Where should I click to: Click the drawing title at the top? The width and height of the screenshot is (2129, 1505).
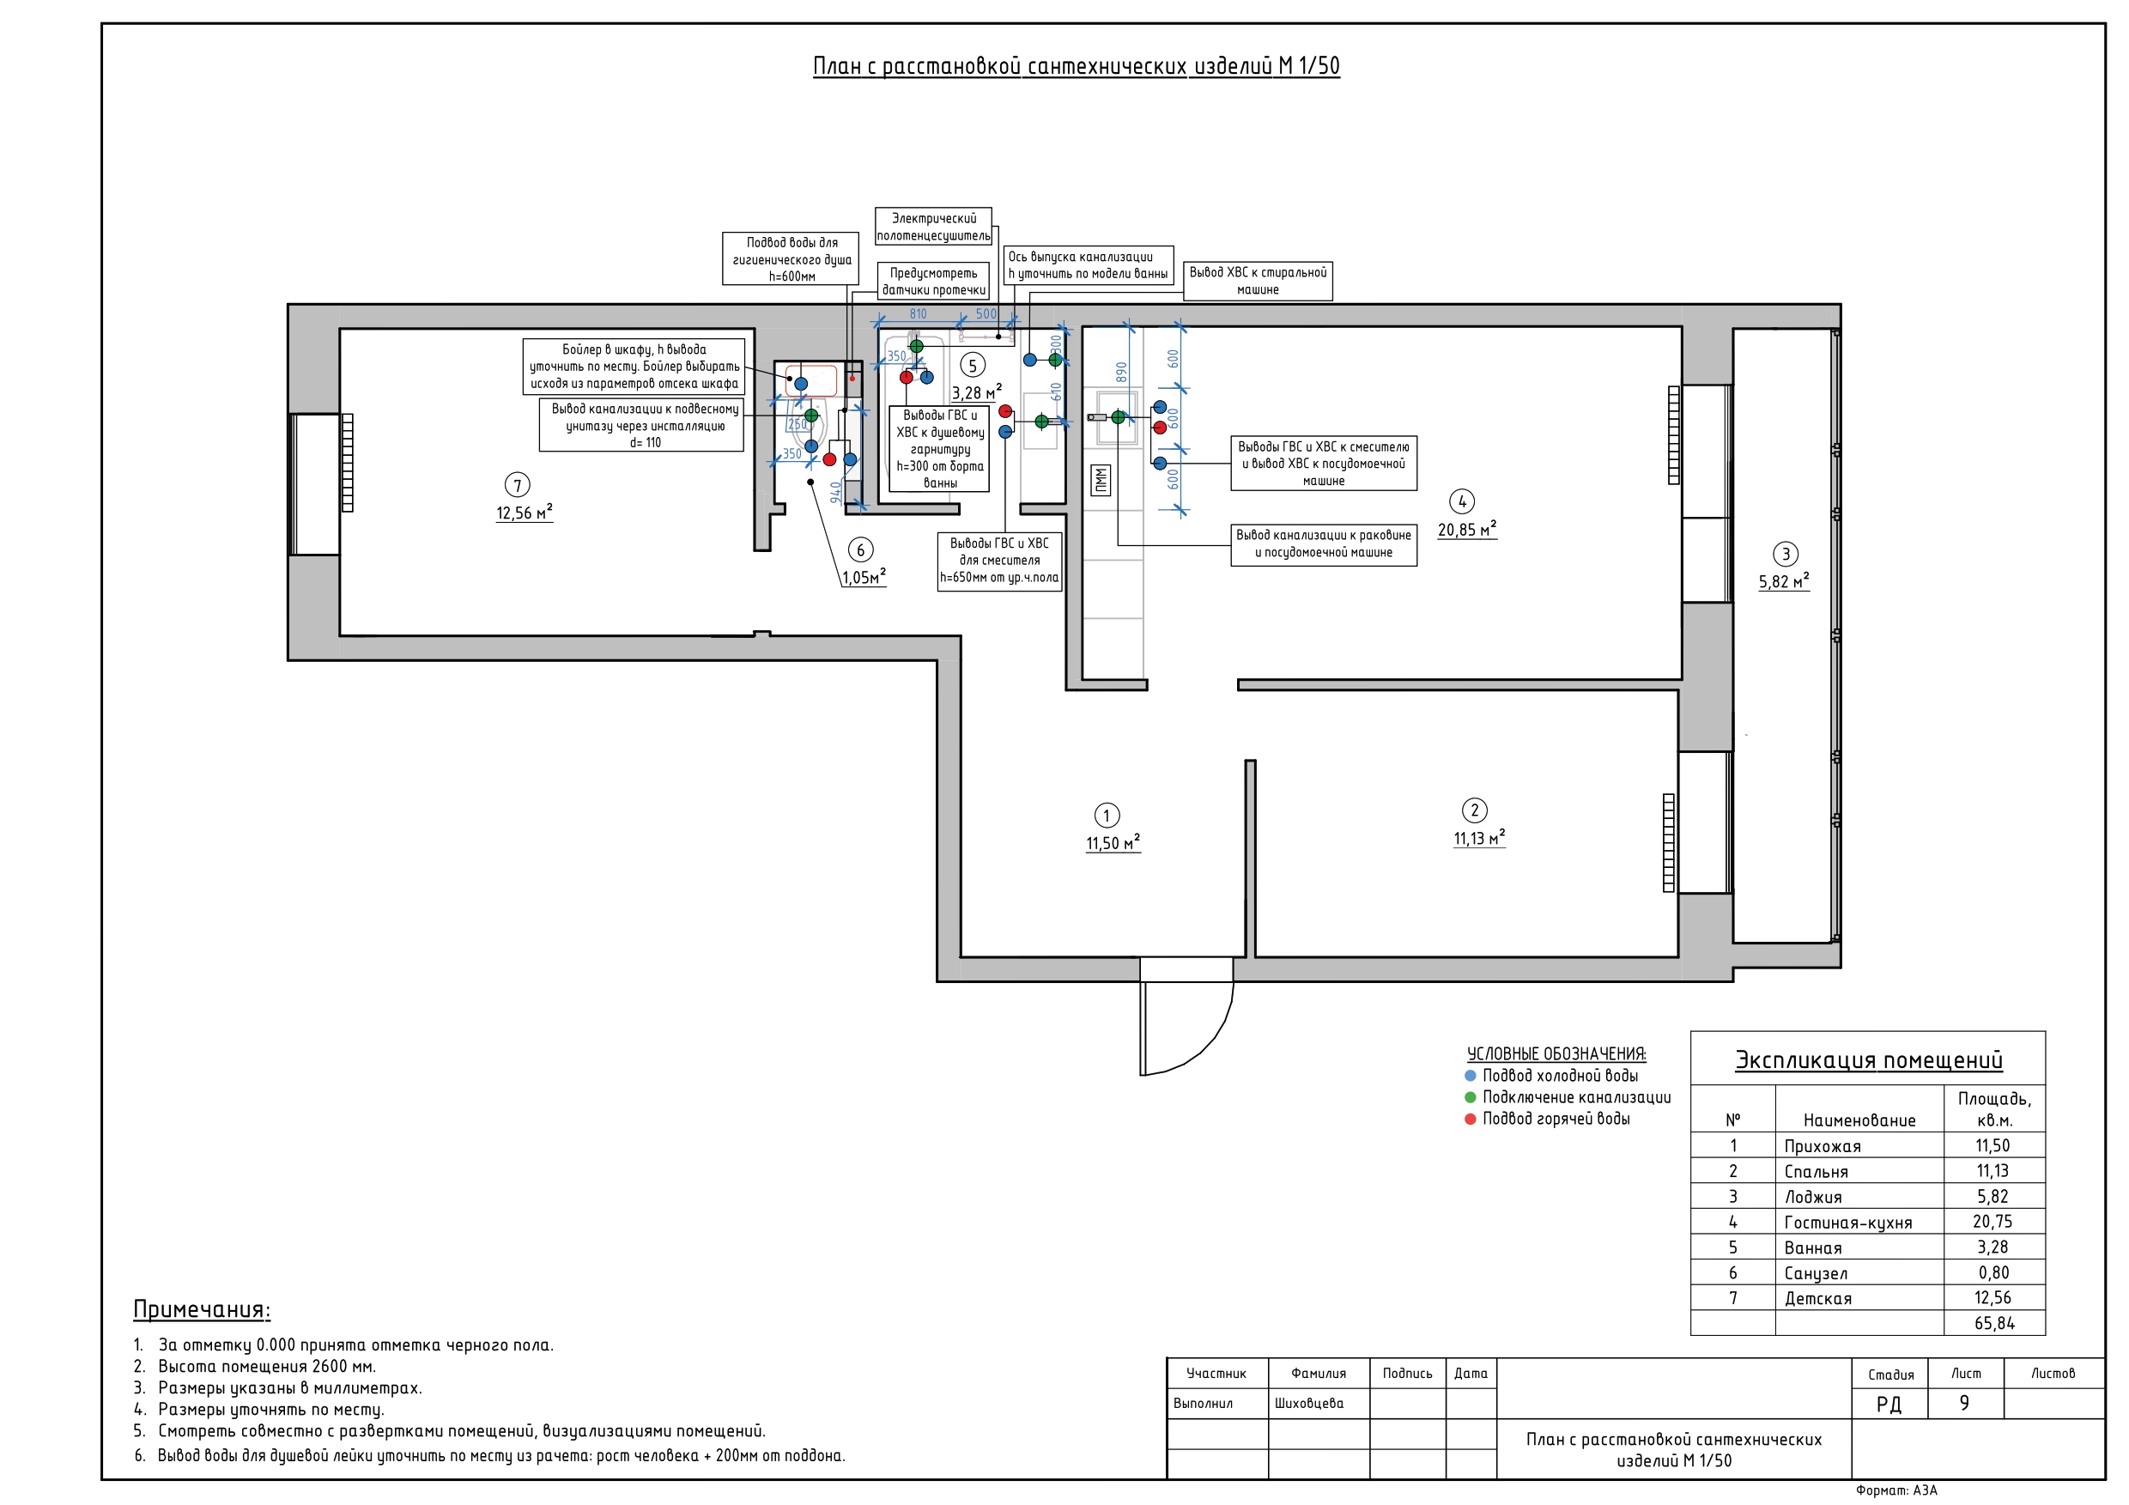coord(1076,66)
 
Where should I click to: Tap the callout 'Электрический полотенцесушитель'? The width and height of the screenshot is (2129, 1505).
coord(934,228)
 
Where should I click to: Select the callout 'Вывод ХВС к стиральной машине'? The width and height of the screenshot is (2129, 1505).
coord(1258,281)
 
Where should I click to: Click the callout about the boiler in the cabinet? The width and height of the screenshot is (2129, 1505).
coord(634,367)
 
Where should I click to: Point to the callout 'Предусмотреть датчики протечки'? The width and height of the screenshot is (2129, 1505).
coord(934,281)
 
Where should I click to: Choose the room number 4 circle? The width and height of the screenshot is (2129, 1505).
coord(1462,501)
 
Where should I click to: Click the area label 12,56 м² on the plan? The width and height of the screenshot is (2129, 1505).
coord(524,513)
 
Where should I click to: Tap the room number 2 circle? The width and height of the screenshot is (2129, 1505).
coord(1474,810)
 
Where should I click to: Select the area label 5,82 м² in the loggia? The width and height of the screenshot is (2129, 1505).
coord(1783,581)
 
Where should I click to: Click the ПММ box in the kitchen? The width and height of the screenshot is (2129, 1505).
coord(1100,480)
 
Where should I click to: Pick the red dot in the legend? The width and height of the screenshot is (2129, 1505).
coord(1470,1119)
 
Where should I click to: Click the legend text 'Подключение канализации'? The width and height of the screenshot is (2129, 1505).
coord(1576,1097)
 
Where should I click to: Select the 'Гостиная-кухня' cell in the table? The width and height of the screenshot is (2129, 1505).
coord(1848,1223)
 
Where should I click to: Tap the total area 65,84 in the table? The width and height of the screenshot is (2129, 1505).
coord(1993,1323)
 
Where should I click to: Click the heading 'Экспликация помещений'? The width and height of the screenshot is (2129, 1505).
coord(1868,1060)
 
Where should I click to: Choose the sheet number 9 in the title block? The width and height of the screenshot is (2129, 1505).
coord(1964,1403)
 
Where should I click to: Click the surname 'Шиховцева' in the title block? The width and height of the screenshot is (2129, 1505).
coord(1308,1403)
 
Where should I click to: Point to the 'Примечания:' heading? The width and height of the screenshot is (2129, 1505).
coord(202,1309)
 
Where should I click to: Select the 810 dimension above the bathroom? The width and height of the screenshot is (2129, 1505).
coord(918,314)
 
